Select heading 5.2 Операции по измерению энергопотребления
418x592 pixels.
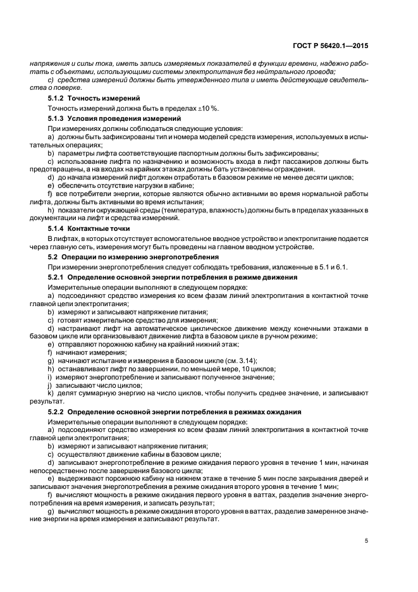[x=133, y=257]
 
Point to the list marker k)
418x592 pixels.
[x=51, y=393]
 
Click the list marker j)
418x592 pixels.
[x=50, y=385]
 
